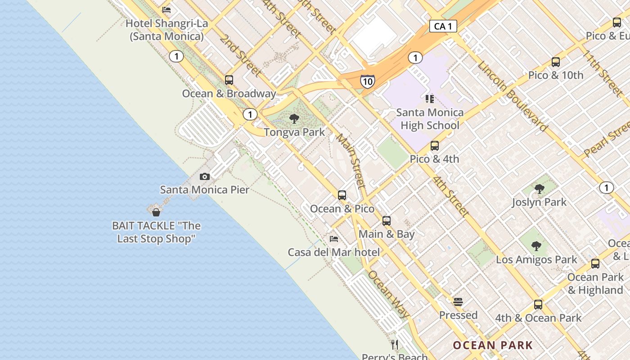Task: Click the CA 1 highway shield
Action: pyautogui.click(x=443, y=27)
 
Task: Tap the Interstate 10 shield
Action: pyautogui.click(x=367, y=81)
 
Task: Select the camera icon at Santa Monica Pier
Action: pyautogui.click(x=205, y=176)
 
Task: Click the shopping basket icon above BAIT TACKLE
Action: pyautogui.click(x=156, y=212)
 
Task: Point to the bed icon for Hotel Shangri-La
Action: pyautogui.click(x=166, y=10)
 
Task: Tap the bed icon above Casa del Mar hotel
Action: pyautogui.click(x=334, y=238)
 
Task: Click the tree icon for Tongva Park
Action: pyautogui.click(x=294, y=119)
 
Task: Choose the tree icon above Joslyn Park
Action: pyautogui.click(x=539, y=189)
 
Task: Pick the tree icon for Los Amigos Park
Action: pyautogui.click(x=536, y=246)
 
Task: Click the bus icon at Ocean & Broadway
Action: pyautogui.click(x=229, y=80)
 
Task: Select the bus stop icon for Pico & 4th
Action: pyautogui.click(x=434, y=146)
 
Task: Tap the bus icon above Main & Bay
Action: pyautogui.click(x=387, y=221)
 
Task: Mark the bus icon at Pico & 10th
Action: pyautogui.click(x=556, y=62)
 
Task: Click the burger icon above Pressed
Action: pyautogui.click(x=458, y=302)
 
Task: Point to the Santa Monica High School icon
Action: pyautogui.click(x=429, y=99)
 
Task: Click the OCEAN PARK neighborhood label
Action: pyautogui.click(x=493, y=346)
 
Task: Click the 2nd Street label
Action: pyautogui.click(x=240, y=55)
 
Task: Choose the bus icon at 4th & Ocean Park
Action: pyautogui.click(x=538, y=305)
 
